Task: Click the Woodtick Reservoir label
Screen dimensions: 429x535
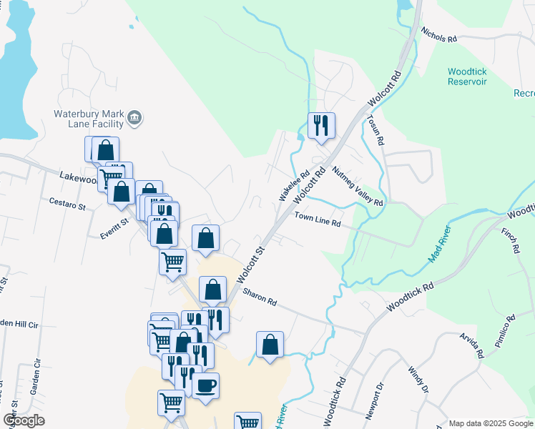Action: pos(467,77)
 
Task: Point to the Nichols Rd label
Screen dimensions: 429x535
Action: pos(438,35)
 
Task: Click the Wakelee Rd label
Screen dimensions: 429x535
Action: pos(293,184)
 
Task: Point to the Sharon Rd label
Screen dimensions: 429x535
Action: pos(260,297)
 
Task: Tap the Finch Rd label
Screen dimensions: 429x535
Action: pos(509,240)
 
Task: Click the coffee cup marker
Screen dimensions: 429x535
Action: pos(206,387)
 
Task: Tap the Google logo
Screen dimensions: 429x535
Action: pos(24,420)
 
